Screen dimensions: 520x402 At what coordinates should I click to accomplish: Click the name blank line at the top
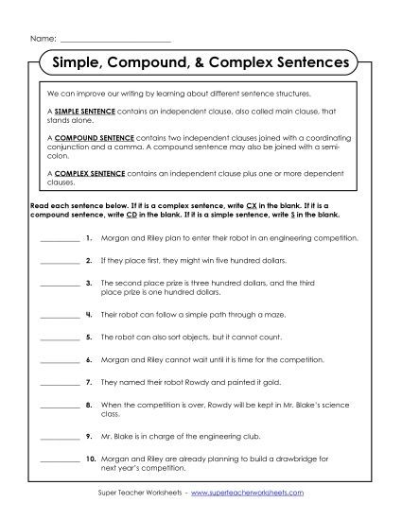point(114,41)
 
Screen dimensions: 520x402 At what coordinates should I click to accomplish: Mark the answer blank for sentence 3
point(61,284)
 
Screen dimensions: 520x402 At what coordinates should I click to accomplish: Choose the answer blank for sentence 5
point(61,338)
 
